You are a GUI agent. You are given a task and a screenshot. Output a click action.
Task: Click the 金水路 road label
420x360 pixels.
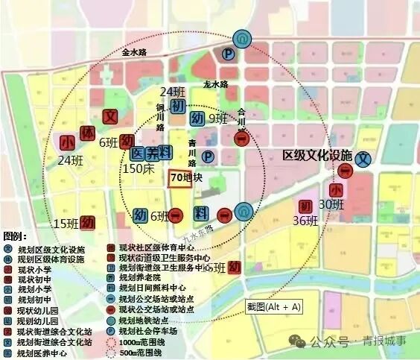coord(141,53)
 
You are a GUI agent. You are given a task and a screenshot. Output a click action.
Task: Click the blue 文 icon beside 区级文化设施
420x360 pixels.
coord(363,159)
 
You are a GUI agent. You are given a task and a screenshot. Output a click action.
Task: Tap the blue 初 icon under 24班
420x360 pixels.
coord(177,107)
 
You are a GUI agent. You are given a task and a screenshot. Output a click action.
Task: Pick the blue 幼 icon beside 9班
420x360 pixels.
coord(197,119)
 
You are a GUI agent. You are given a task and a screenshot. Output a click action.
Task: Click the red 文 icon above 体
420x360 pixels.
coord(109,117)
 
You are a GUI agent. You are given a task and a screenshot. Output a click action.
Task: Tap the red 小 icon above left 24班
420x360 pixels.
coord(68,142)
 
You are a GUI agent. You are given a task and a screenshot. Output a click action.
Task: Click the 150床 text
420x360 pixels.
coord(138,169)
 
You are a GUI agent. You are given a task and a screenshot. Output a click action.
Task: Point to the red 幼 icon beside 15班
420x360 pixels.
coord(89,222)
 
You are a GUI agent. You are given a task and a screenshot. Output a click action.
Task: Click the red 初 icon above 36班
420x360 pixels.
coord(305,206)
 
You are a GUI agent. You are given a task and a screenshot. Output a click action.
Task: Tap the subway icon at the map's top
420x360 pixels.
coord(242,39)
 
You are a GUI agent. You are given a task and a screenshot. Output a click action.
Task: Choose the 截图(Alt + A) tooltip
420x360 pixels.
coord(273,306)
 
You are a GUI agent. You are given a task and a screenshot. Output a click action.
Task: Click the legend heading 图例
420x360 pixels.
coord(16,236)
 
